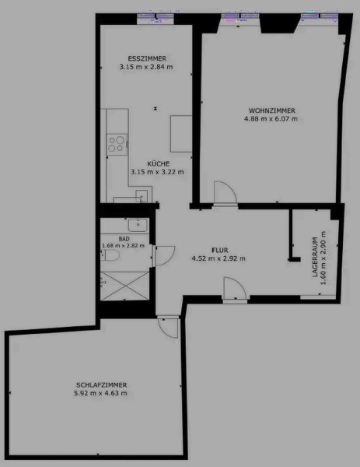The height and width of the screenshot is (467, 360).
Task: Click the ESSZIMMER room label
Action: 147,58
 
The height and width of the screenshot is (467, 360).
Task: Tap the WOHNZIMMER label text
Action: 272,111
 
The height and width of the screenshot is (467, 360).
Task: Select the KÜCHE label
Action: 159,163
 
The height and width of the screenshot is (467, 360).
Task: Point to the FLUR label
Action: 220,250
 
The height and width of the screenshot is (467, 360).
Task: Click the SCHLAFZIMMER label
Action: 101,385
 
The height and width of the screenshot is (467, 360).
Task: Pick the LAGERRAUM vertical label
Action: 316,258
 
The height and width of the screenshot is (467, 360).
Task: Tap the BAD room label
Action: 124,239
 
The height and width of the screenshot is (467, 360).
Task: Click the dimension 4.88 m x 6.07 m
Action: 271,119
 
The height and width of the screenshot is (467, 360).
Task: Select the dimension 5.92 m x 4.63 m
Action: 100,393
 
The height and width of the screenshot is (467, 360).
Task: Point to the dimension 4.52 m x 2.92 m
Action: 218,258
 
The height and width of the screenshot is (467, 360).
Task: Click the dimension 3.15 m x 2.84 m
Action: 146,67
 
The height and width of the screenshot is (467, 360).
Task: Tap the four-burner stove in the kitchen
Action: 117,144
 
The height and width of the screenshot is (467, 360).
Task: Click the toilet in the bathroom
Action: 110,255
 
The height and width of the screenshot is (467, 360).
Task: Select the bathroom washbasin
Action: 138,225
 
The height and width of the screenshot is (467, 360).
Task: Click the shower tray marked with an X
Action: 124,286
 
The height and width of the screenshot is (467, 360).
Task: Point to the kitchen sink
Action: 142,196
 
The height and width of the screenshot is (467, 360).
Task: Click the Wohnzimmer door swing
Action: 225,192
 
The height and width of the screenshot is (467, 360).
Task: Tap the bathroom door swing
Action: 165,256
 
